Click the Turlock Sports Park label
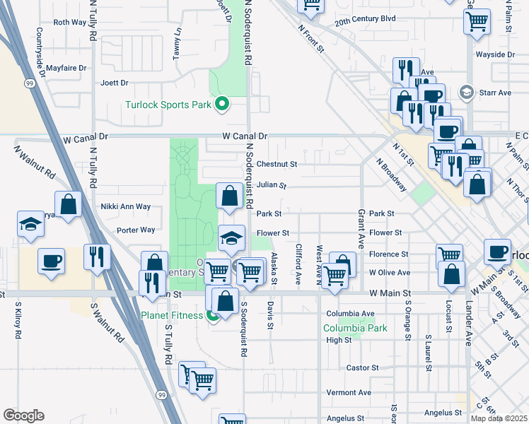click(168, 105)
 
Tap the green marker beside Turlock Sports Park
click(222, 105)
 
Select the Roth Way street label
click(70, 23)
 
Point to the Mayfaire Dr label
click(66, 69)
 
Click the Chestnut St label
click(277, 164)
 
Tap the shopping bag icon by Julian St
click(229, 197)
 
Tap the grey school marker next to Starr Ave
click(466, 93)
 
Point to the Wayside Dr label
click(495, 54)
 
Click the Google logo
click(23, 416)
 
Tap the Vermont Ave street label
click(349, 392)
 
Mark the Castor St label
click(364, 368)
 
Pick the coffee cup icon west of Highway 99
click(52, 261)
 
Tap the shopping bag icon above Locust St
click(450, 275)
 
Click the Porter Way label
click(136, 230)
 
